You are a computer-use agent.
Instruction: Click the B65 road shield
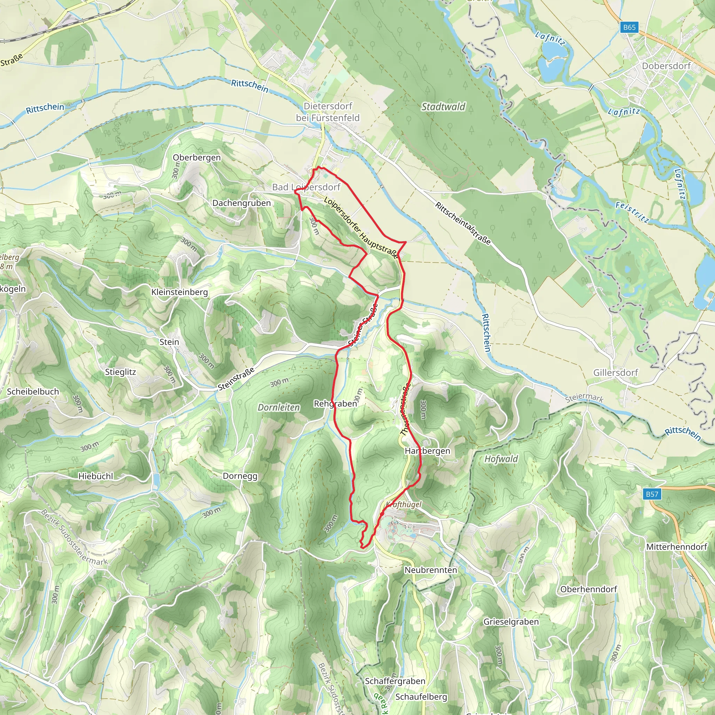point(629,27)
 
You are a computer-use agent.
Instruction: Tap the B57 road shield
point(652,494)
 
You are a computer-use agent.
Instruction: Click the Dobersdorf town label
point(666,66)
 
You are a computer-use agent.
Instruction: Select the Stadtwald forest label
point(443,106)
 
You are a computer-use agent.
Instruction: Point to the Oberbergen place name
point(197,157)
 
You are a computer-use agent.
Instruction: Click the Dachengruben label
point(241,203)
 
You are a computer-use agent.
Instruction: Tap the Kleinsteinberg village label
point(179,292)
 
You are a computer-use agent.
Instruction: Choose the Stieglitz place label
point(120,372)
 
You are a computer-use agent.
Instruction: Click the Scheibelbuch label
point(33,392)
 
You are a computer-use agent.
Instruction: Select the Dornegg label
point(240,476)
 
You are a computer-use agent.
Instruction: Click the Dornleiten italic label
point(279,407)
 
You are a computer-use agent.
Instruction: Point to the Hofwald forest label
point(501,458)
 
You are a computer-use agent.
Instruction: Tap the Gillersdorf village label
point(616,372)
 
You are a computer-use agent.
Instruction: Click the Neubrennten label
point(430,570)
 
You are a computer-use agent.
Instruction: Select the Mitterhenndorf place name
point(677,547)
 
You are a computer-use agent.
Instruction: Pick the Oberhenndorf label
point(588,589)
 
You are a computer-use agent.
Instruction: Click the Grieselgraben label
point(511,621)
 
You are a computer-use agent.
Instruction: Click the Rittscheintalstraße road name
point(463,223)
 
